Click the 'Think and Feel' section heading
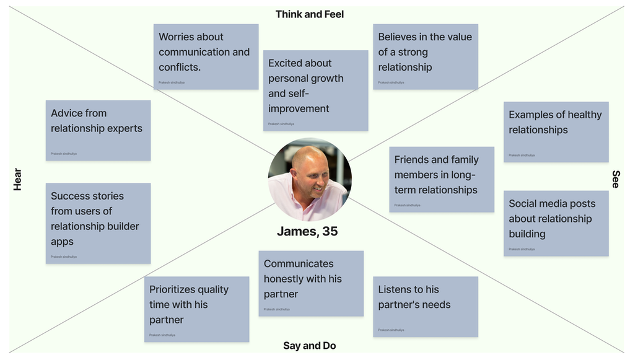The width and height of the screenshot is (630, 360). point(309,14)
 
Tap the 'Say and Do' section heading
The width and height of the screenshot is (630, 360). point(309,346)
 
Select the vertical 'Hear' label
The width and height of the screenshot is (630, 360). point(17,179)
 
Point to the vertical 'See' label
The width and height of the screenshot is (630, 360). point(615,179)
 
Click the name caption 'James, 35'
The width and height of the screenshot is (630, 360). point(307,232)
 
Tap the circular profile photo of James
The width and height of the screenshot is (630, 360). point(309,180)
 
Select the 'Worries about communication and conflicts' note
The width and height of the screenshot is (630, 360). point(206,56)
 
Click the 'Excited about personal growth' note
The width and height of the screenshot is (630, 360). point(315,90)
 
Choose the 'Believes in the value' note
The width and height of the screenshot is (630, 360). point(425,56)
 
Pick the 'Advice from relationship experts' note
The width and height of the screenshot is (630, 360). point(98,130)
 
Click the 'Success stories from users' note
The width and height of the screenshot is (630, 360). point(98,223)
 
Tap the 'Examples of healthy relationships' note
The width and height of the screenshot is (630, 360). point(556,132)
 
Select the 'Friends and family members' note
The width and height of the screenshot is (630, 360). point(441,179)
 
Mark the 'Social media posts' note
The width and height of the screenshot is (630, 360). point(556,223)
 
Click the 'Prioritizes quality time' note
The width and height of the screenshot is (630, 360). point(196,309)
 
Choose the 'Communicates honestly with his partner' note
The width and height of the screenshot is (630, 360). point(311,283)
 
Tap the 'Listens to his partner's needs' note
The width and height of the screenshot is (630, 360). point(425,306)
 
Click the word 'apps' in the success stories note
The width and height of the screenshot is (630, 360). point(62,242)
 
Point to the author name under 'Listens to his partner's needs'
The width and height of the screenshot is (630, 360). point(391,330)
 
